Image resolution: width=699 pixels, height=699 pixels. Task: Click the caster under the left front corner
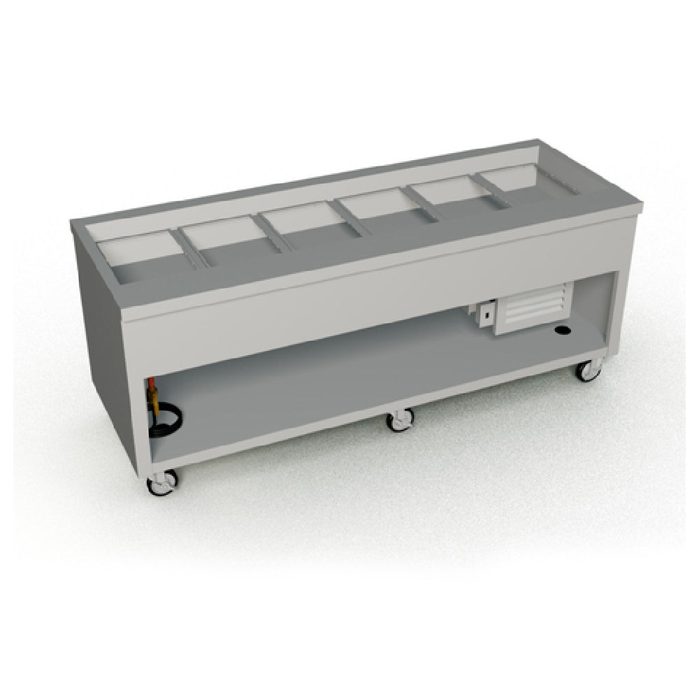163,482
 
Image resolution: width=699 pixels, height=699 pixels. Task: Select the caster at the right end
589,370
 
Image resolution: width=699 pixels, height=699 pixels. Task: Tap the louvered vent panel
535,305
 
